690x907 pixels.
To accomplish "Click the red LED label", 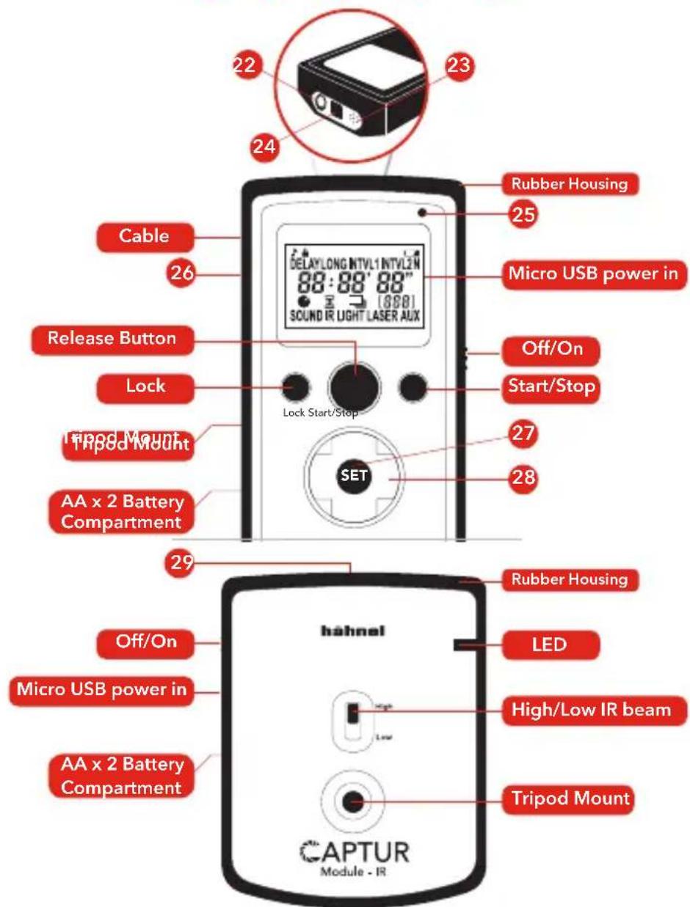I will tap(550, 646).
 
